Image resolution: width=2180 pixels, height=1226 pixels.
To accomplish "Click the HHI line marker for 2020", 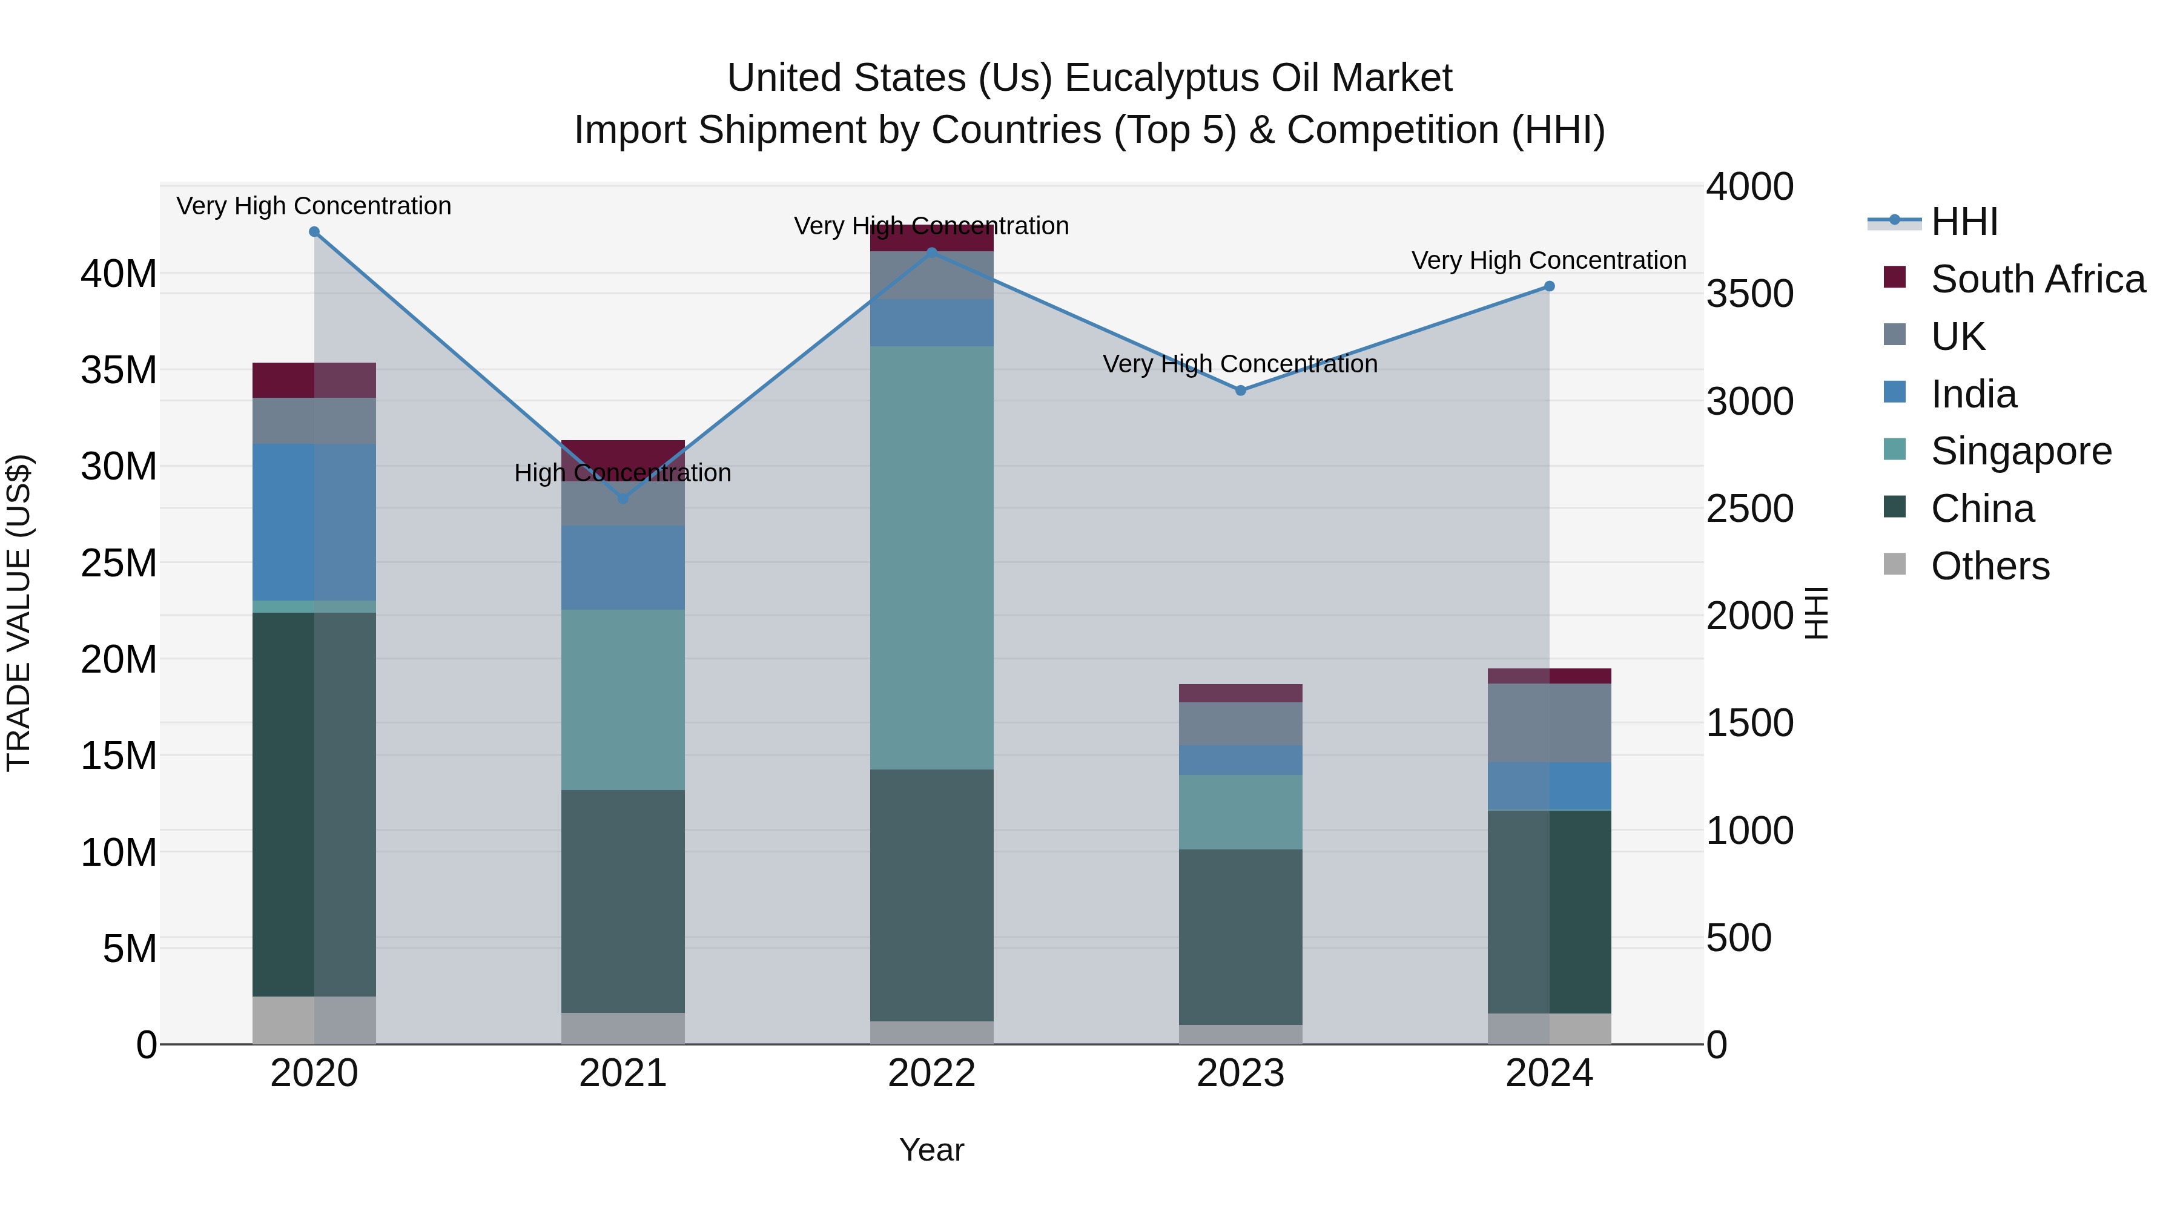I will coord(314,232).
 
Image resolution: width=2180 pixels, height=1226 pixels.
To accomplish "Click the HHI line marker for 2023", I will coord(1241,391).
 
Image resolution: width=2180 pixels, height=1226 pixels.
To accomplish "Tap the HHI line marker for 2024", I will coord(1550,287).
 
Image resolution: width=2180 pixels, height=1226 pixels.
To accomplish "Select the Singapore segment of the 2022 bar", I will coord(932,558).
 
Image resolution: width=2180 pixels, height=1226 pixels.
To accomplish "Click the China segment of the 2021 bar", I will coord(623,901).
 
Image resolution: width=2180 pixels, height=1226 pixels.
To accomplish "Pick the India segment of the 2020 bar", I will coord(314,522).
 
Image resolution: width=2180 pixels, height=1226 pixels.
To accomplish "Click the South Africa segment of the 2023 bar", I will coord(1241,693).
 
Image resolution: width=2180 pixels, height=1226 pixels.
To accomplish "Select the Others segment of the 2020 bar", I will coord(314,1020).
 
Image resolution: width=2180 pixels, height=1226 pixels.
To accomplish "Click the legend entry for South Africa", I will coord(2037,279).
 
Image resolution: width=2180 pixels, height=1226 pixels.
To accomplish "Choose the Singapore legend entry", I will coord(2020,451).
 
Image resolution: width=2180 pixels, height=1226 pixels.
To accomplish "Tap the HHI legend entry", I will coord(1963,222).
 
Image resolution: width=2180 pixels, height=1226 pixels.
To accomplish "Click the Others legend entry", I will coord(1990,566).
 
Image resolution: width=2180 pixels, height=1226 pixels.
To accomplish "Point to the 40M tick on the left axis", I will coord(119,274).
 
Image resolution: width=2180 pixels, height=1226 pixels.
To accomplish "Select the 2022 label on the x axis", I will coord(932,1073).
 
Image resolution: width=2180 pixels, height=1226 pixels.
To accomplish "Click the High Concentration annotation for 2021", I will coord(623,473).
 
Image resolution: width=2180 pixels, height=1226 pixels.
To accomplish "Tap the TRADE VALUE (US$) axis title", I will coord(19,613).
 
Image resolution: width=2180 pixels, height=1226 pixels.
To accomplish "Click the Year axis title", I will coord(932,1150).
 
